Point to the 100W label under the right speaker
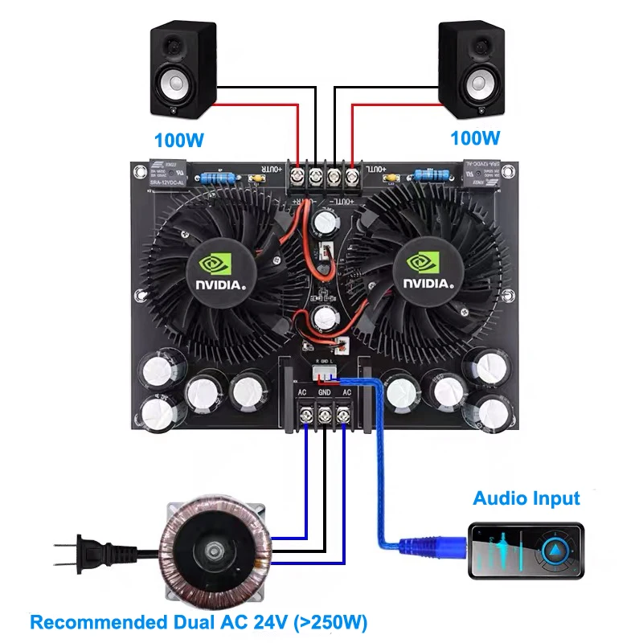[474, 139]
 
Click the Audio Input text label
[526, 498]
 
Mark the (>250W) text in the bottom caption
[328, 622]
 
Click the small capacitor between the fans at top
[328, 220]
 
